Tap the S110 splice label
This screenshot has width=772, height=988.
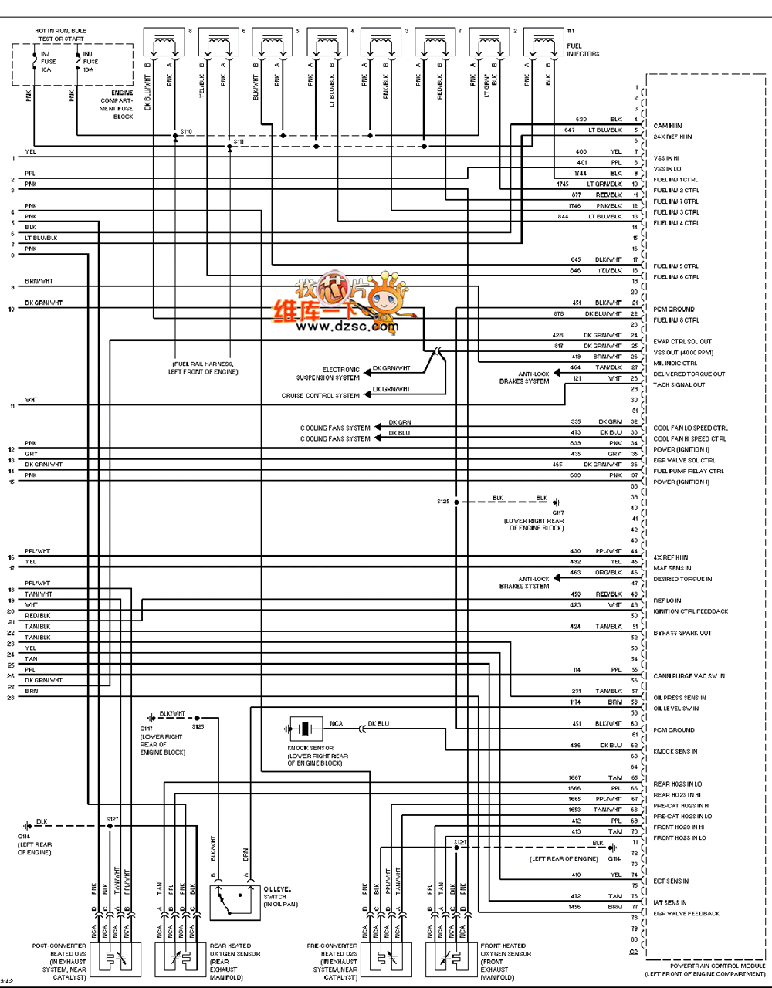point(186,131)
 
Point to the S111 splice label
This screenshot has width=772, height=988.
point(239,142)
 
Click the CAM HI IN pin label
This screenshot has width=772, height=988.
point(668,126)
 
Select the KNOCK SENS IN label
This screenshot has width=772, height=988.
point(675,751)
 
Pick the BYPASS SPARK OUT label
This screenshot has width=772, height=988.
point(682,633)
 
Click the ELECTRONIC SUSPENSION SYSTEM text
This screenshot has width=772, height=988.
point(328,374)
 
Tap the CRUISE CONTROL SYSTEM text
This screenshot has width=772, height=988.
point(320,395)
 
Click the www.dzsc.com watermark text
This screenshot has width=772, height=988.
point(347,327)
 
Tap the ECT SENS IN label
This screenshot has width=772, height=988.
point(671,881)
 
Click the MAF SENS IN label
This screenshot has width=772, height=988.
point(672,568)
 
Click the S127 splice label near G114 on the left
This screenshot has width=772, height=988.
point(113,818)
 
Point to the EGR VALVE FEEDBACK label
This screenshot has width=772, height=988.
point(686,913)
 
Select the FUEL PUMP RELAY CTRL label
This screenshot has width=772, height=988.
point(689,471)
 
